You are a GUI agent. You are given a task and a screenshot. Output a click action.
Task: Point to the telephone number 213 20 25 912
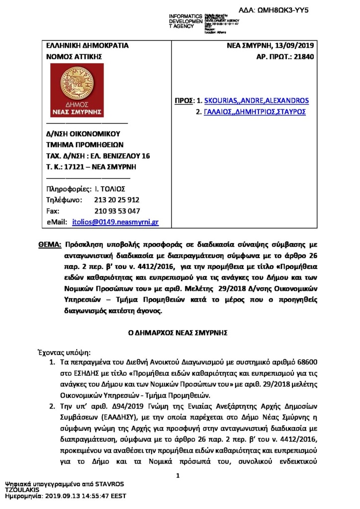tap(116, 200)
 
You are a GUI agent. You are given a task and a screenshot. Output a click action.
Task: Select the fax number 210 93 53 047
tap(117, 211)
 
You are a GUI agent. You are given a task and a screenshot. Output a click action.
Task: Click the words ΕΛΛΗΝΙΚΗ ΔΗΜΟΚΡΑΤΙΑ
tap(87, 46)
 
